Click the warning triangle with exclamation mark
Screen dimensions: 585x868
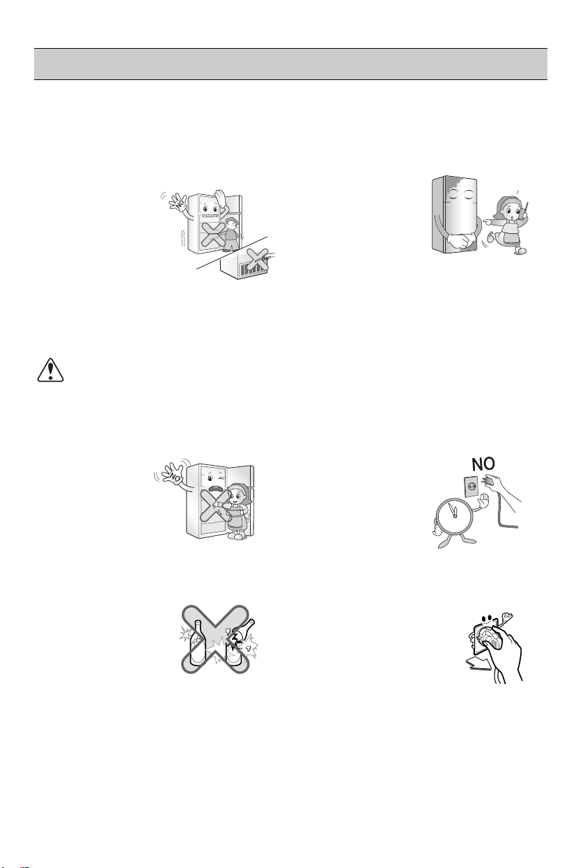(x=50, y=370)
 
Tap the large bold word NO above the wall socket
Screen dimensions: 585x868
(x=483, y=464)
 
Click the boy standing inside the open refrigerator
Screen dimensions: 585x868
(x=231, y=234)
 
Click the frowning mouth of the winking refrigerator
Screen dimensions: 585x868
(x=214, y=488)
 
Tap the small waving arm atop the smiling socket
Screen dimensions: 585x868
(x=506, y=617)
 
